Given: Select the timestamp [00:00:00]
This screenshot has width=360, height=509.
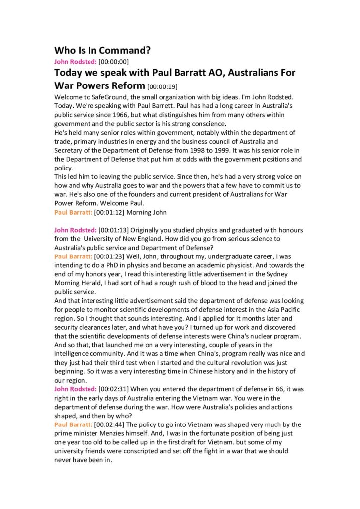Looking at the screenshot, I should point(113,62).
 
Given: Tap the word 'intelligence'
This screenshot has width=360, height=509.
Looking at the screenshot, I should point(76,354).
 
